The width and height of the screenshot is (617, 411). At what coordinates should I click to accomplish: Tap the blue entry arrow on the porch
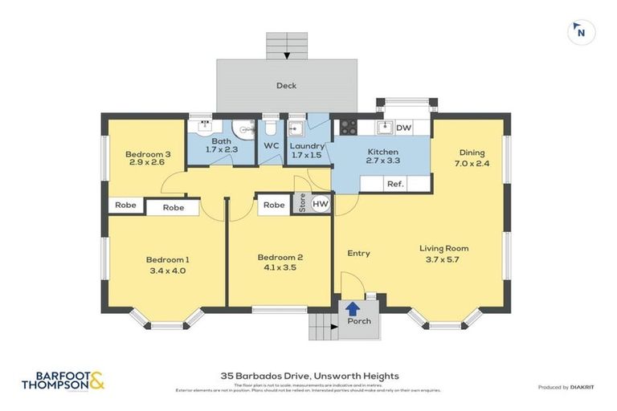352,307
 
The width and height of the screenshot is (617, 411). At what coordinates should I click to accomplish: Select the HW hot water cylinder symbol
321,205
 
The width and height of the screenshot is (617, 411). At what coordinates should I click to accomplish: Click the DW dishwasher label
404,128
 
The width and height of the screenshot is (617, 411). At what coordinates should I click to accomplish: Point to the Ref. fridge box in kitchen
394,184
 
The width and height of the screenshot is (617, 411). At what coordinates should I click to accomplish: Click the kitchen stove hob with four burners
349,127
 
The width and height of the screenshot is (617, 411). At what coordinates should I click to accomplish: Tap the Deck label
287,85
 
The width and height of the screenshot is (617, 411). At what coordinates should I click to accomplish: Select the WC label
271,145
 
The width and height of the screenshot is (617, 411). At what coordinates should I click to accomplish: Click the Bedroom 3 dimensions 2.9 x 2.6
146,162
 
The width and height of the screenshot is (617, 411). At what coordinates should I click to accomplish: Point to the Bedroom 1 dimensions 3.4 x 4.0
167,271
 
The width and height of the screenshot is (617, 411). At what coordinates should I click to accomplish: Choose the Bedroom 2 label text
280,257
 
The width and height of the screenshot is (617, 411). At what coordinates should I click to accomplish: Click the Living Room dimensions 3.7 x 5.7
443,260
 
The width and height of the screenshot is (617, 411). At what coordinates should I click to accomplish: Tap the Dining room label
472,153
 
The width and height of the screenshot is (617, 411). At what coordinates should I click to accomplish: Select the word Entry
358,253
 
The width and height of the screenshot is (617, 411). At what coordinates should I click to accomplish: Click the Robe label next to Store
275,205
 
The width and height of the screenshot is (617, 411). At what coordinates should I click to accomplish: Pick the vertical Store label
303,204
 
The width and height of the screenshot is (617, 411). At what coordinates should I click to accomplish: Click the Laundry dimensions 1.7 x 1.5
306,155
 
